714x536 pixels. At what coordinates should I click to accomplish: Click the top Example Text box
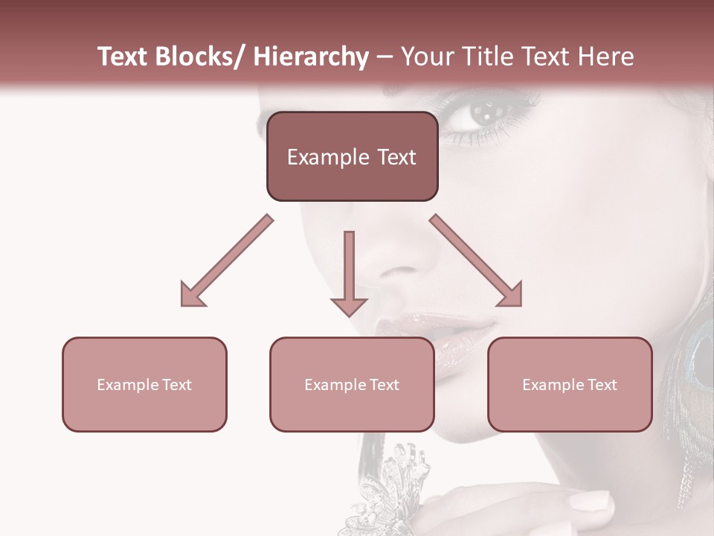(x=352, y=157)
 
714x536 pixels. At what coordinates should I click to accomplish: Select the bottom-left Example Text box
(x=144, y=385)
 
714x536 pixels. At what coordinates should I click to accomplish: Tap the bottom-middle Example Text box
(x=352, y=385)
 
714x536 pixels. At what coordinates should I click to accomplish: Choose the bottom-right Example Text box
(x=570, y=385)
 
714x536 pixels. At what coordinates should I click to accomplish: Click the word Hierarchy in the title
(x=311, y=57)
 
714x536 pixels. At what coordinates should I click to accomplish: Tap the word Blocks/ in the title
(x=199, y=57)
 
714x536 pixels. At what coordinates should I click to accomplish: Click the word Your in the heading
(x=425, y=57)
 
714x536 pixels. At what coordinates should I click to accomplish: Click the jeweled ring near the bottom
(x=394, y=484)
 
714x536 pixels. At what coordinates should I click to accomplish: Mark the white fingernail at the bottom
(x=588, y=501)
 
